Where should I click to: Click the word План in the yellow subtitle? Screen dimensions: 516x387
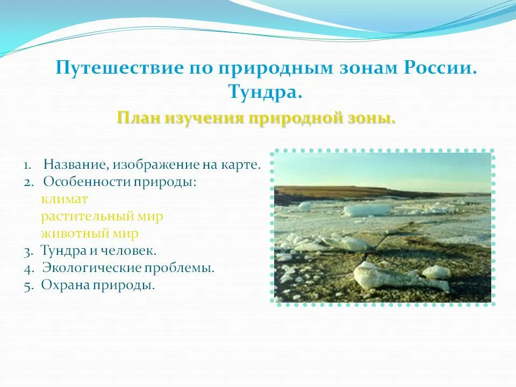139,118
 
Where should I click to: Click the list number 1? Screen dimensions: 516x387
27,165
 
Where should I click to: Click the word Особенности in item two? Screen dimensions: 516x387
86,182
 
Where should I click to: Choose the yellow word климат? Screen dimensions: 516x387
64,199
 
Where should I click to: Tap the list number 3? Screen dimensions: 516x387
28,252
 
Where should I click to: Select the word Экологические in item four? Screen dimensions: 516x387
92,268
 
